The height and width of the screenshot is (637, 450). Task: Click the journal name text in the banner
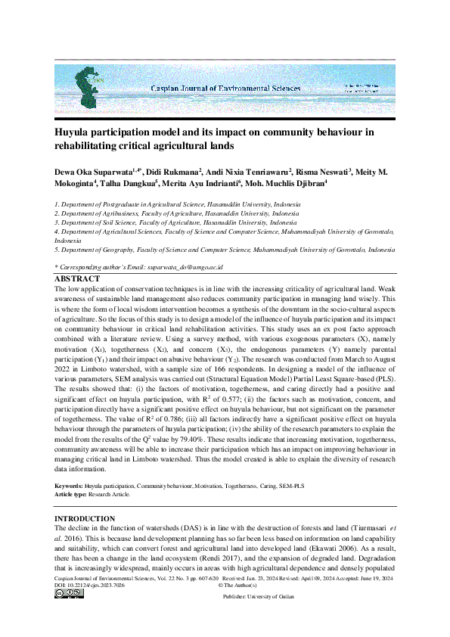coord(225,89)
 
